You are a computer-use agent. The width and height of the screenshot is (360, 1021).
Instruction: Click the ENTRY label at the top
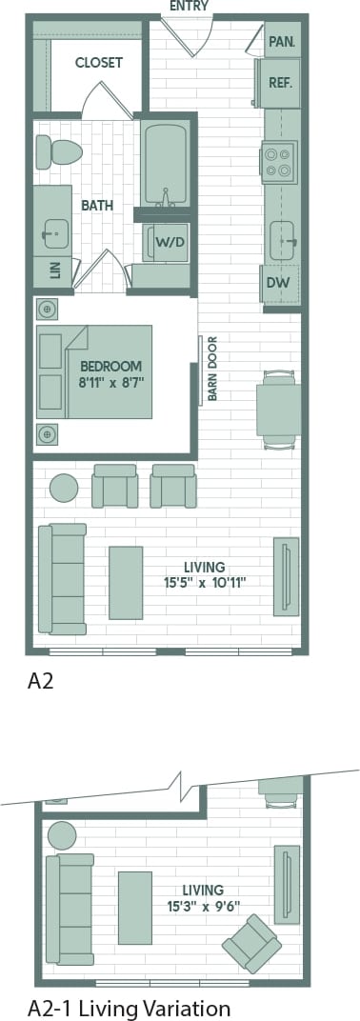(x=189, y=7)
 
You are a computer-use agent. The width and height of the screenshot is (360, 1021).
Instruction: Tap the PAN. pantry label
(x=281, y=41)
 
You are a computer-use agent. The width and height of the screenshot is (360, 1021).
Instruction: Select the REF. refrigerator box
(x=280, y=83)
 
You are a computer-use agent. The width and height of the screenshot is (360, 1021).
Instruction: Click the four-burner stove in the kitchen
(x=279, y=161)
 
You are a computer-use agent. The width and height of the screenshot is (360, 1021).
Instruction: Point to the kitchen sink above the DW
(x=282, y=241)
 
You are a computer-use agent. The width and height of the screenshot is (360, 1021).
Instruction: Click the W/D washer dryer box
(x=170, y=242)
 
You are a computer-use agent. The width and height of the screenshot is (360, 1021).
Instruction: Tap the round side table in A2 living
(x=64, y=489)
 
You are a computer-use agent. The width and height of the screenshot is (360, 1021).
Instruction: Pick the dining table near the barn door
(x=278, y=410)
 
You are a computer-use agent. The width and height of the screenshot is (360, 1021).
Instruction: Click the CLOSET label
(x=99, y=63)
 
